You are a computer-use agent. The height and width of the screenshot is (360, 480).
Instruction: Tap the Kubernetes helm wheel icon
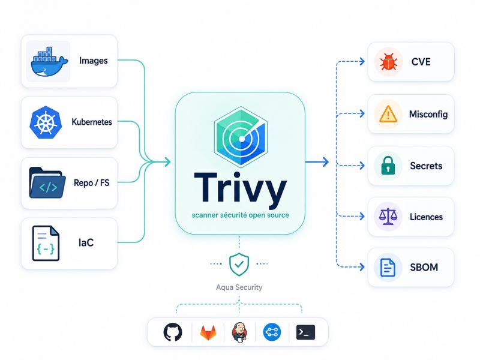[x=46, y=122]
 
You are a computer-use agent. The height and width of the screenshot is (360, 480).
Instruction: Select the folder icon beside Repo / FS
[x=47, y=183]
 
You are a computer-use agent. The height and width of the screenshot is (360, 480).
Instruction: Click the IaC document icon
[x=46, y=244]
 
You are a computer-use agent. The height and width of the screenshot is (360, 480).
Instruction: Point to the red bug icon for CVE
[x=388, y=62]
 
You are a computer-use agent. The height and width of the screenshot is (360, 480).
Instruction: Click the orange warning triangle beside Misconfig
[x=388, y=114]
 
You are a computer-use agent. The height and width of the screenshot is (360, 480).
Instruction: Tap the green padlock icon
[x=388, y=166]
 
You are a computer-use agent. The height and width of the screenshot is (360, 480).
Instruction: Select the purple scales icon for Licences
[x=388, y=217]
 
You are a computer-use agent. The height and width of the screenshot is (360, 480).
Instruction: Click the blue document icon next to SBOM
[x=388, y=267]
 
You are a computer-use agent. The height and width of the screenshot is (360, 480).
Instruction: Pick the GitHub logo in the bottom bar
[x=173, y=332]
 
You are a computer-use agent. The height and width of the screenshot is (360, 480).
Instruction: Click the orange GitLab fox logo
[x=208, y=333]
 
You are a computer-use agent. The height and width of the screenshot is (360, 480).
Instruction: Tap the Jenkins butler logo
[x=239, y=332]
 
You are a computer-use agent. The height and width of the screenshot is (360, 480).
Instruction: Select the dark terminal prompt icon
[x=305, y=332]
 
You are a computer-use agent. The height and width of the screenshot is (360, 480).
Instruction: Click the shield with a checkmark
[x=239, y=264]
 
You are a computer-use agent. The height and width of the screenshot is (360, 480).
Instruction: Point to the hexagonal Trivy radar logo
[x=241, y=137]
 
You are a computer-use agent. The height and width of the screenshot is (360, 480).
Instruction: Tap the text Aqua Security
[x=239, y=287]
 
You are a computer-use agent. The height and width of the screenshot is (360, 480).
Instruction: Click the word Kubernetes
[x=92, y=122]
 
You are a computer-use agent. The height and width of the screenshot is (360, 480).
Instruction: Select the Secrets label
[x=426, y=166]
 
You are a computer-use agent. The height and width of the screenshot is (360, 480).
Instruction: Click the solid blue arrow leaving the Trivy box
[x=317, y=161]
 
